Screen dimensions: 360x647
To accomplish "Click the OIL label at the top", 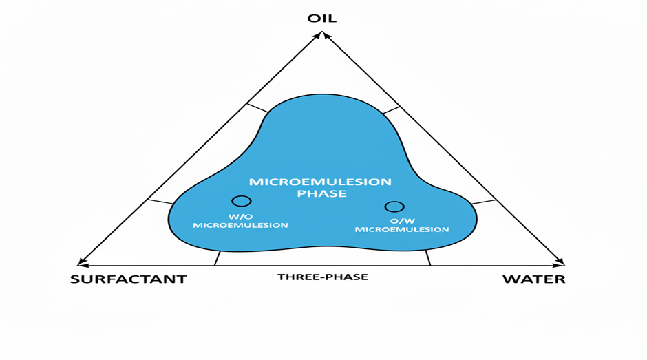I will [322, 18].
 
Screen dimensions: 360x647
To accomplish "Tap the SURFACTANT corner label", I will [128, 279].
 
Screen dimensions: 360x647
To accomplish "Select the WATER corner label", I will [533, 279].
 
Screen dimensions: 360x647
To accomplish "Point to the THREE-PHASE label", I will [322, 277].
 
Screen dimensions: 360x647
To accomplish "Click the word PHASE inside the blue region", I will [321, 194].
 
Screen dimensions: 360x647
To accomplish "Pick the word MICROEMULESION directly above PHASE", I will [320, 182].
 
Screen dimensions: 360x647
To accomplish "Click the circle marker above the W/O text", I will [242, 201].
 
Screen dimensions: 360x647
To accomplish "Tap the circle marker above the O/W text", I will [394, 207].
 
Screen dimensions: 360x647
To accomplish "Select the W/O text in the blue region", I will [241, 215].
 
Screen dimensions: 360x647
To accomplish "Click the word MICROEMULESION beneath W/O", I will [240, 225].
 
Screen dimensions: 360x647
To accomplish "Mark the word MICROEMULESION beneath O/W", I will [402, 229].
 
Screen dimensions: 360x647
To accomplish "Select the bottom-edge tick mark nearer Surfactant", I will [218, 258].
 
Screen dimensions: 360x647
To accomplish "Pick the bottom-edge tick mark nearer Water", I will [428, 258].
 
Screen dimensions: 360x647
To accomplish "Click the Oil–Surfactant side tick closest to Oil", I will [257, 109].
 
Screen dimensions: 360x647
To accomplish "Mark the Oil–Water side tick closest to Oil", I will [391, 110].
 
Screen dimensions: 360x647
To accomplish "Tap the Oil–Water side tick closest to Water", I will [485, 202].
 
